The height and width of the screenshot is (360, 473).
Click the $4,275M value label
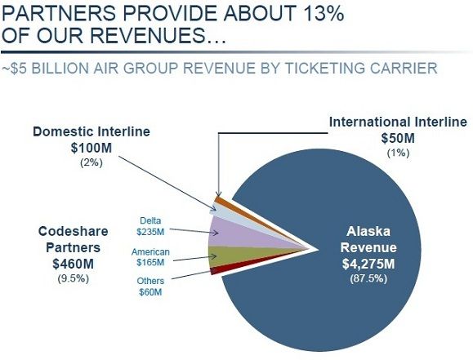[x=368, y=264]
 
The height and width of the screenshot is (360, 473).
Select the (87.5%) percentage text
[x=368, y=278]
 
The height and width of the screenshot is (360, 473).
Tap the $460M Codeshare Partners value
[x=73, y=264]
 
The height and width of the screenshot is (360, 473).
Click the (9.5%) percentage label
[x=73, y=278]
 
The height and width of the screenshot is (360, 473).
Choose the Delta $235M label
[x=150, y=226]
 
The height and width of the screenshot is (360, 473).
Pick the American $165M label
[x=150, y=257]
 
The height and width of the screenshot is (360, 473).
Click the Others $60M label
[x=150, y=287]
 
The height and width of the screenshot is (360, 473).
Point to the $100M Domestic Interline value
[x=91, y=148]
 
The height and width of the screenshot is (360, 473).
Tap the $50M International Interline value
[x=398, y=139]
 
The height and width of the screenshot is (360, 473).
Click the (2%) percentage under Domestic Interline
[x=91, y=162]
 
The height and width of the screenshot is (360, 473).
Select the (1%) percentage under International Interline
[x=398, y=153]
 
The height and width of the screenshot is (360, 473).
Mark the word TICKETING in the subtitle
[x=325, y=68]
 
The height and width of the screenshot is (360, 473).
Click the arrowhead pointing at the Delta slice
[x=216, y=233]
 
